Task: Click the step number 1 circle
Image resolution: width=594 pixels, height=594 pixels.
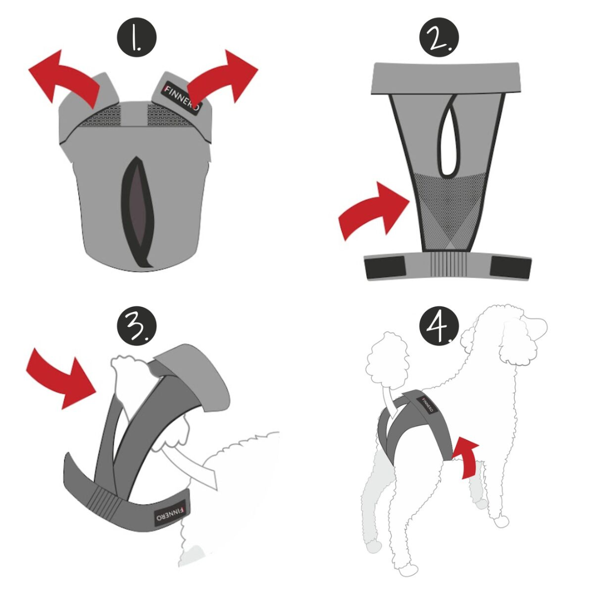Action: pyautogui.click(x=136, y=39)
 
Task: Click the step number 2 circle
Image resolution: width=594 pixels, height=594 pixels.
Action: pyautogui.click(x=439, y=39)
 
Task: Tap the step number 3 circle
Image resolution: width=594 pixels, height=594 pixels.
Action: pyautogui.click(x=136, y=324)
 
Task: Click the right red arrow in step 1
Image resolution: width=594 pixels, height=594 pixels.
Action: pyautogui.click(x=226, y=77)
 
